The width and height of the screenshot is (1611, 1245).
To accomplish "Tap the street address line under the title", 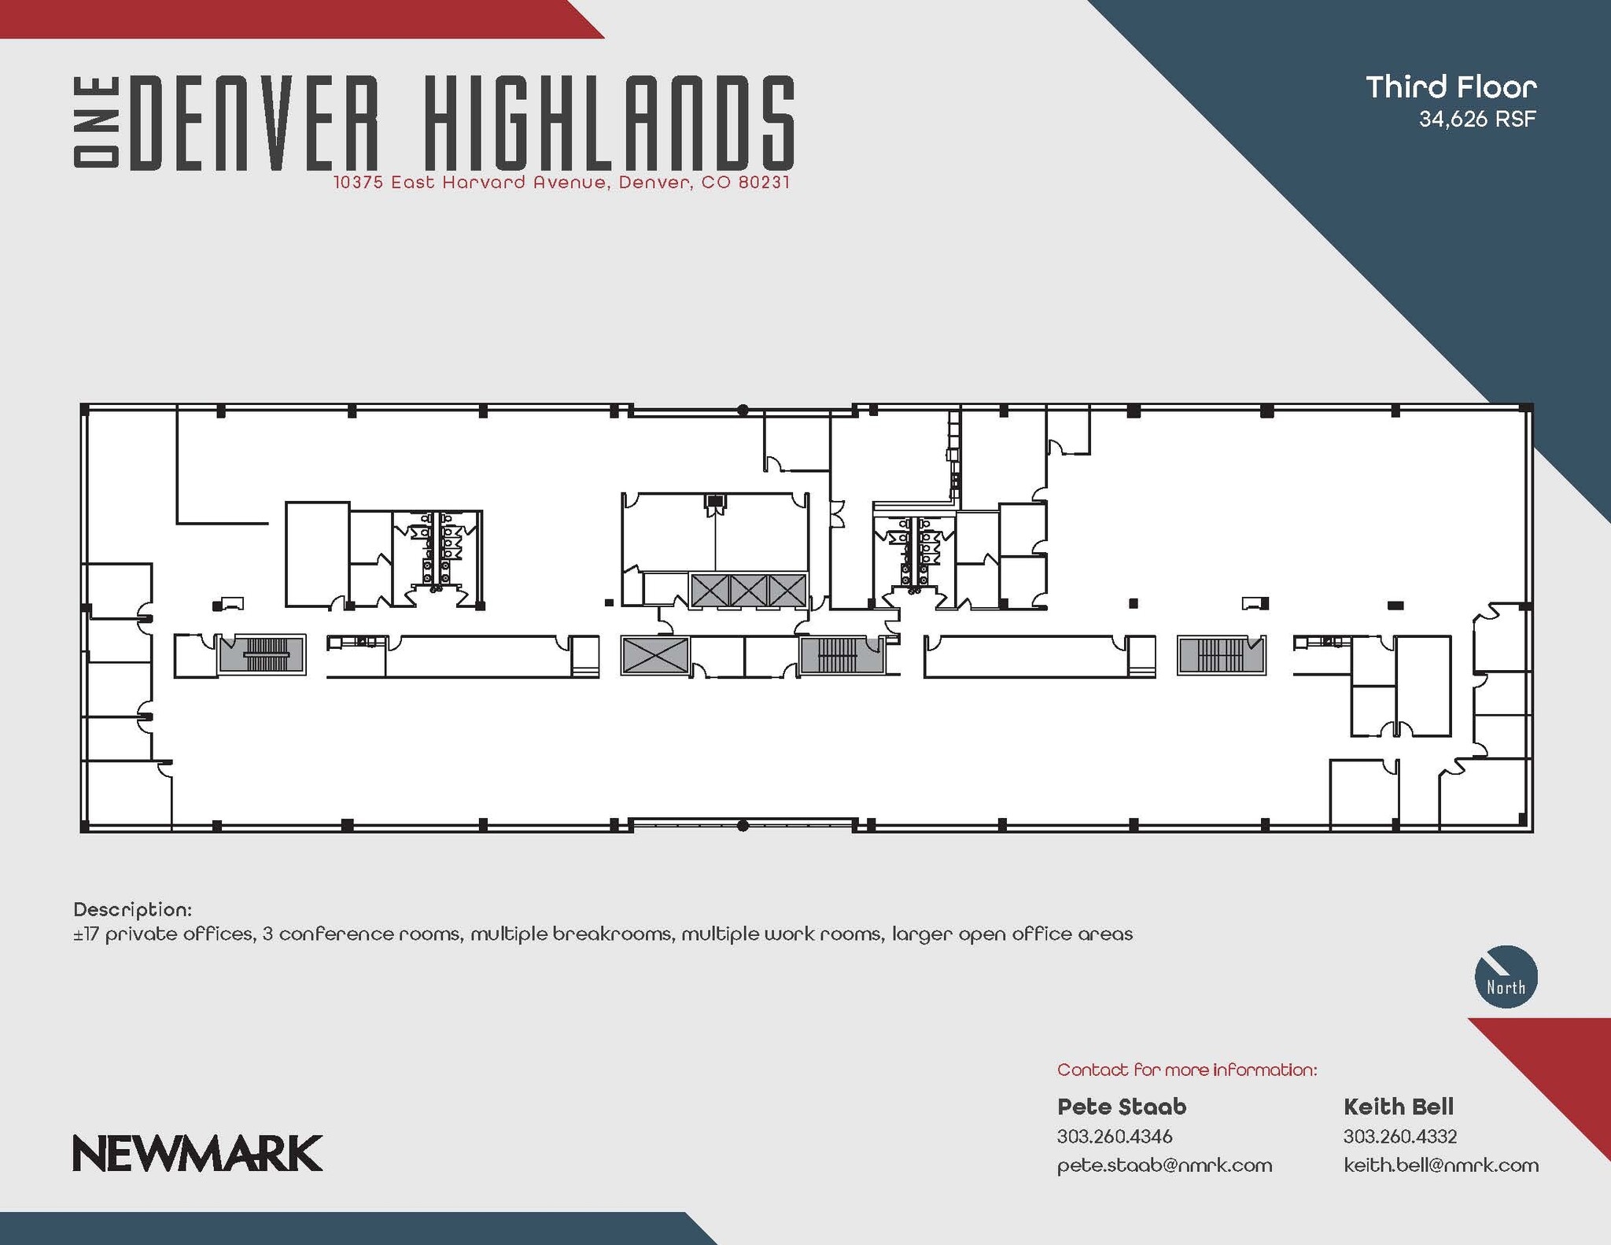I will point(561,182).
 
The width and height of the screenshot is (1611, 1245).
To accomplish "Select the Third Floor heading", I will point(1451,87).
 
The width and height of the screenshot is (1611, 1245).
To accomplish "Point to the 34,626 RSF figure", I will point(1476,120).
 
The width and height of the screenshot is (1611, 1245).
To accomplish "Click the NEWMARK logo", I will point(197,1153).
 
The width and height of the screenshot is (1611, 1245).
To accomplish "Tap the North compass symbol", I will point(1505,977).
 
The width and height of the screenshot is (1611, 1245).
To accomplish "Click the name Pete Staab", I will point(1121,1107).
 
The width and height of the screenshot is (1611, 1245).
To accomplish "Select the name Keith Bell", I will point(1398,1107).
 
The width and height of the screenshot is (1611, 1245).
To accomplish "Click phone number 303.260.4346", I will point(1114,1136).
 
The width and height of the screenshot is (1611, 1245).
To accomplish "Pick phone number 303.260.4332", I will point(1399,1136).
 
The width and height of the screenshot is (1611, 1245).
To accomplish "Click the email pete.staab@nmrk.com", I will point(1164,1165).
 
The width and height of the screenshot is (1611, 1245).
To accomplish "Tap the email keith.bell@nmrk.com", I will point(1440,1165).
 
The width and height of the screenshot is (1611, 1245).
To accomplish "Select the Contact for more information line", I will point(1186,1070).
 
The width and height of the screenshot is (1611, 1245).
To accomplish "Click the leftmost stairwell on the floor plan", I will point(261,654).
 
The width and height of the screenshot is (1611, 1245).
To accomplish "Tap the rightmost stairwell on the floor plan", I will point(1221,654).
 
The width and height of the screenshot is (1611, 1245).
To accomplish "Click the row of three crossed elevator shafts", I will point(748,590).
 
